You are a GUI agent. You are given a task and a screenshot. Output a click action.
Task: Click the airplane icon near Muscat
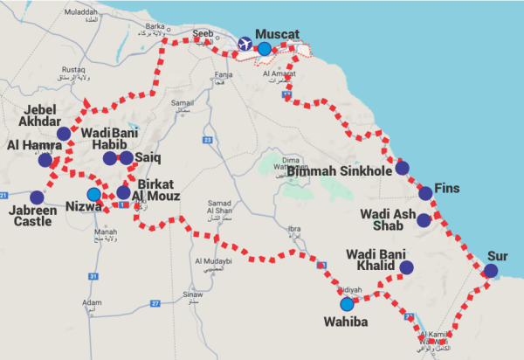[245, 44]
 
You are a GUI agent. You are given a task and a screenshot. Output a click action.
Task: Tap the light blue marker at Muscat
[264, 48]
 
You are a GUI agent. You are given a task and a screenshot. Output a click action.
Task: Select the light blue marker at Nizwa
[93, 194]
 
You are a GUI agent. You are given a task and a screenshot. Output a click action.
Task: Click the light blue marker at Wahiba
[348, 305]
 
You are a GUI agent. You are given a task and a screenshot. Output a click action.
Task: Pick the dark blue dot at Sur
[491, 271]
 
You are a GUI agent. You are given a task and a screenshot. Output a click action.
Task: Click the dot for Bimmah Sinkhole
[402, 168]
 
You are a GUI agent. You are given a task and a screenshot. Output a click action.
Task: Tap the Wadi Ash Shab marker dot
[424, 220]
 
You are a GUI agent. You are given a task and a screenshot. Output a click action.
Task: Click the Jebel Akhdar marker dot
[64, 133]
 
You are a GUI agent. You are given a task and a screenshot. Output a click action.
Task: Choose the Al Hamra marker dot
[45, 159]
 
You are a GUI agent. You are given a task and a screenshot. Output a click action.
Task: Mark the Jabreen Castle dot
[36, 197]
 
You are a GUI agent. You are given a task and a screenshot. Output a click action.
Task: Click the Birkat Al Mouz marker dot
[123, 192]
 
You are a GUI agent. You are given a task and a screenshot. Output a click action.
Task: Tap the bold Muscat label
[277, 34]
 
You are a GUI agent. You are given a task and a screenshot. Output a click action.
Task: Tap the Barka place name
[155, 26]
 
